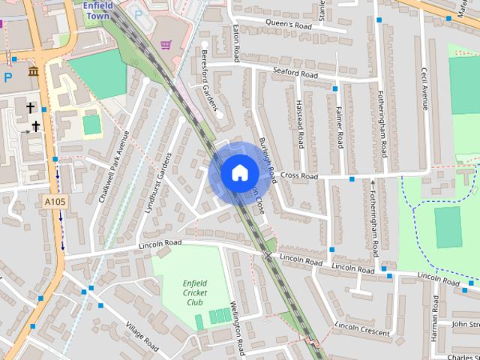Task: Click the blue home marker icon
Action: pyautogui.click(x=238, y=173)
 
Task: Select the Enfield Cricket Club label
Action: pyautogui.click(x=194, y=292)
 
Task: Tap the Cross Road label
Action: pyautogui.click(x=299, y=176)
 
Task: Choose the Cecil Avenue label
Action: pyautogui.click(x=424, y=89)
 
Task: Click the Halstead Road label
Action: pyautogui.click(x=299, y=124)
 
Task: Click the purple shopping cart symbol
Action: pyautogui.click(x=166, y=45)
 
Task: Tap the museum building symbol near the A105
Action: pyautogui.click(x=33, y=71)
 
